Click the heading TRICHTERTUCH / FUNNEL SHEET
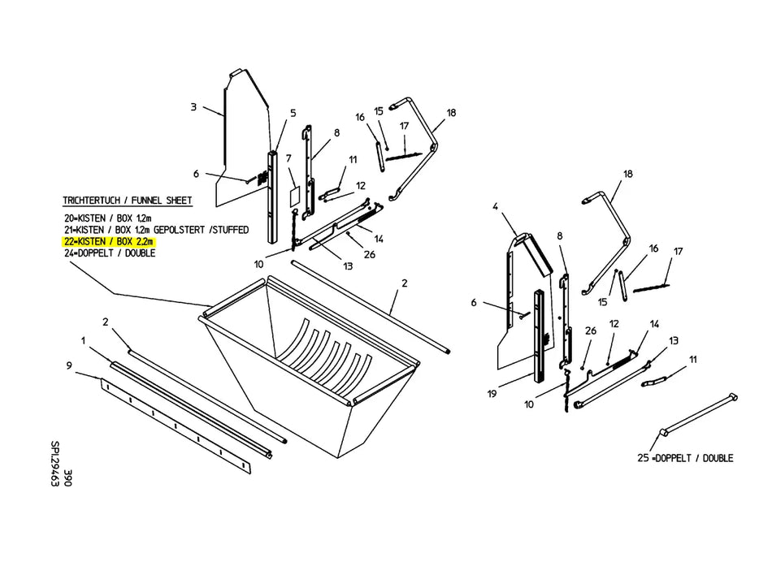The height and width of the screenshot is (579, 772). tap(127, 201)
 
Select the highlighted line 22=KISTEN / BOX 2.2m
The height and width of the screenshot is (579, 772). tap(109, 241)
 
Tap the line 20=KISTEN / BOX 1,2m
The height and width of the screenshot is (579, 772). tap(108, 218)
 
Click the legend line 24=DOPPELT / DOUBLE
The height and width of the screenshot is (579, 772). tap(110, 253)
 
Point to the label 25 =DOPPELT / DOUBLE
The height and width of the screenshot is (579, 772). tap(685, 458)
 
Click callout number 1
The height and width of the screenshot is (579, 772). tap(84, 340)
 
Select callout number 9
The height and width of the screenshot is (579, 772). tap(69, 365)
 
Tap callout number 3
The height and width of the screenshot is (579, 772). tap(193, 106)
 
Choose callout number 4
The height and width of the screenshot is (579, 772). tap(496, 207)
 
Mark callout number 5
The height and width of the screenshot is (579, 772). tap(293, 113)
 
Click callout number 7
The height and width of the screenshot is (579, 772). tap(288, 158)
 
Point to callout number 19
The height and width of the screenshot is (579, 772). tap(492, 394)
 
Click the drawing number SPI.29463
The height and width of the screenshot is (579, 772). tap(55, 464)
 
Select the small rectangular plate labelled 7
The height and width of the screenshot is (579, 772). tap(294, 196)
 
